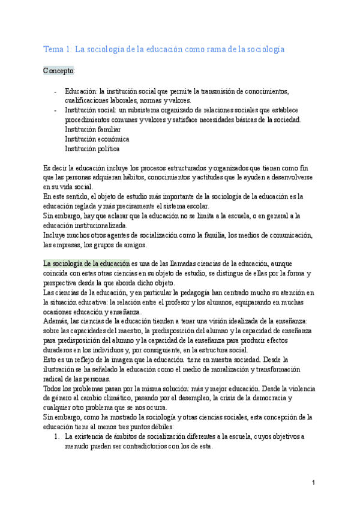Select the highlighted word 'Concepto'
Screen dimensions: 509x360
(x=58, y=71)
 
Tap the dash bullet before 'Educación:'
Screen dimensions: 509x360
(x=55, y=91)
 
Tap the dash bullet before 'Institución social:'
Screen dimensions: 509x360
(x=55, y=110)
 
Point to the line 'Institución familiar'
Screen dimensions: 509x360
(x=93, y=129)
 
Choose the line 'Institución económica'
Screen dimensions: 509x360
(x=97, y=139)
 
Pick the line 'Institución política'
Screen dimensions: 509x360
(x=92, y=148)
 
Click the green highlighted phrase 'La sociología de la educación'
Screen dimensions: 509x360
(x=86, y=264)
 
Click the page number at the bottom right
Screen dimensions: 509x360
(x=313, y=483)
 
